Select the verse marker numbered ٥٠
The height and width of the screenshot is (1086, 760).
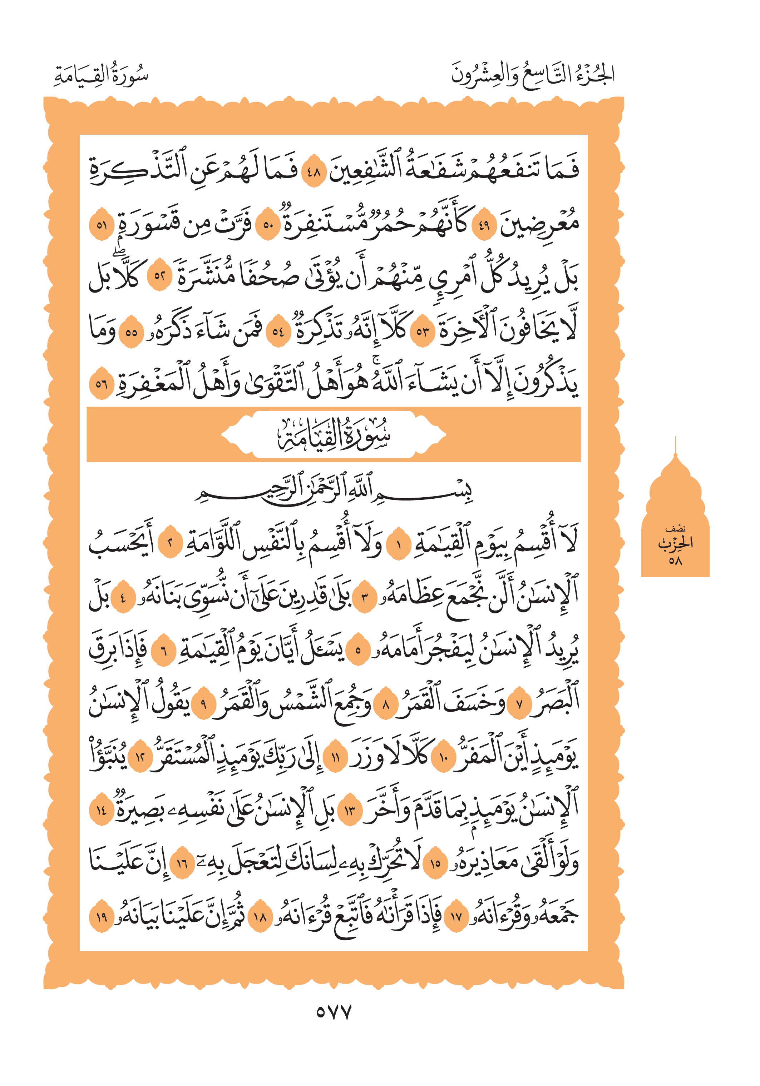click(x=268, y=225)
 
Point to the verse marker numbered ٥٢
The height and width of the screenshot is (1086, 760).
click(x=159, y=276)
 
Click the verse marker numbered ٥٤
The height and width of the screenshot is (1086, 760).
click(x=278, y=331)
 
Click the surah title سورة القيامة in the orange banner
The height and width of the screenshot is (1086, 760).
click(x=333, y=434)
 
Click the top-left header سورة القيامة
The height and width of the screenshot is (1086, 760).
click(x=101, y=76)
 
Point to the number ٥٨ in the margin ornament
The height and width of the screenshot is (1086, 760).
click(x=675, y=561)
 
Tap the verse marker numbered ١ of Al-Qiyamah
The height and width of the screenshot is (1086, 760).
click(x=399, y=546)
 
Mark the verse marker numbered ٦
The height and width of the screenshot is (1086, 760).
click(x=164, y=651)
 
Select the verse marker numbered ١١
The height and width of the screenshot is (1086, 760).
click(x=336, y=758)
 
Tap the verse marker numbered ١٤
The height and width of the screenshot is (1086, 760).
click(x=101, y=811)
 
